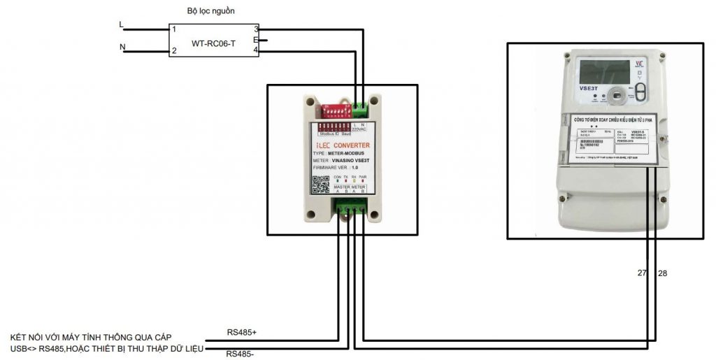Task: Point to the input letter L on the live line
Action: click(x=122, y=24)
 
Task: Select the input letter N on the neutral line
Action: click(x=122, y=48)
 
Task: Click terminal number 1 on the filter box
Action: click(x=174, y=29)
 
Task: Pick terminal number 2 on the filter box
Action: click(x=174, y=51)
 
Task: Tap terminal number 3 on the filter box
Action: click(x=256, y=29)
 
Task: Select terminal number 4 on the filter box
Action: click(x=256, y=51)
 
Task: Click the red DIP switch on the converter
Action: click(x=333, y=110)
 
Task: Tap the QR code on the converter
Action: click(x=320, y=185)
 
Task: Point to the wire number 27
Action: click(x=642, y=273)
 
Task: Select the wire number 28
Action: click(x=662, y=273)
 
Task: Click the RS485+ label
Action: click(x=241, y=331)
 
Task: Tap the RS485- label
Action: click(x=241, y=354)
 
